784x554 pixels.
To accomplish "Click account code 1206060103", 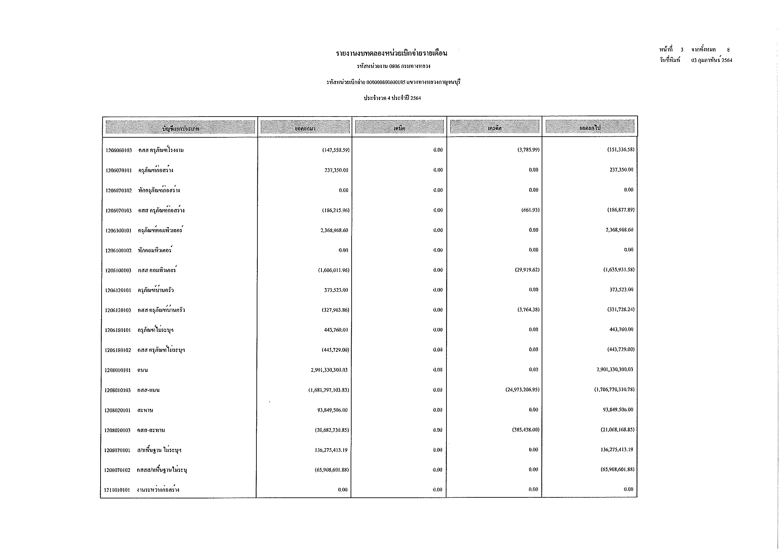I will click(118, 150).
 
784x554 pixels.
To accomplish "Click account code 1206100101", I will click(118, 230).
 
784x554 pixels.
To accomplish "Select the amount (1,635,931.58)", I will click(619, 270).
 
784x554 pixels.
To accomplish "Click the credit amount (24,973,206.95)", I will click(523, 390).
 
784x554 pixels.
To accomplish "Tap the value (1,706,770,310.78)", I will click(614, 389).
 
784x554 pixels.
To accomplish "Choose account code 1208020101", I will click(117, 410).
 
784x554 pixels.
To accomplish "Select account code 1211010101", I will click(117, 490).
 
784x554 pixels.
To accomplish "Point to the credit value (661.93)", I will click(530, 210).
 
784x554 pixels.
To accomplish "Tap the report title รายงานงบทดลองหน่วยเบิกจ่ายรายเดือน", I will click(391, 53).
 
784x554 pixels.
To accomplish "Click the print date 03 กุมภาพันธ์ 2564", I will click(712, 60).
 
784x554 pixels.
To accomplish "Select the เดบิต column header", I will click(399, 128).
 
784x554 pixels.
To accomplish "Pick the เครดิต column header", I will click(495, 128).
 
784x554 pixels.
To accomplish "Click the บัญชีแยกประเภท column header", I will click(180, 129).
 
